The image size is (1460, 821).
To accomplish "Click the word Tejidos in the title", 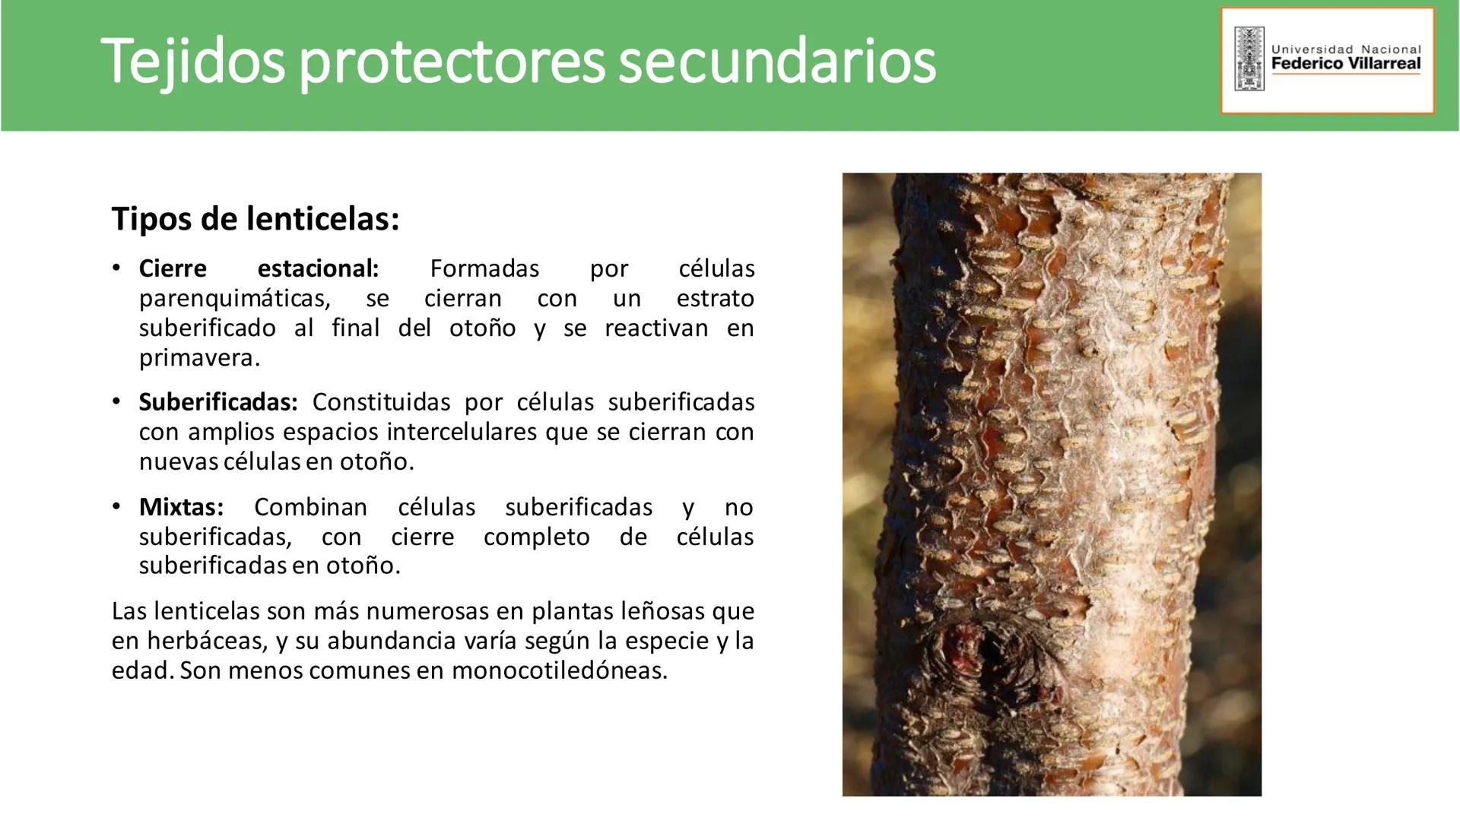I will click(192, 61).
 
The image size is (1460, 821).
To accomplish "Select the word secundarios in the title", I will click(776, 61).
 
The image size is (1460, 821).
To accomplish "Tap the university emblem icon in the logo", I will click(1249, 59).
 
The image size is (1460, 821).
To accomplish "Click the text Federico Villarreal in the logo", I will click(1345, 64).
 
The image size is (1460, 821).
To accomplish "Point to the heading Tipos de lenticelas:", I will click(255, 219).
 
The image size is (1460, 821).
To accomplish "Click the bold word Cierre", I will click(173, 268).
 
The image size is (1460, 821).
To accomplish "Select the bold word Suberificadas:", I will click(218, 402).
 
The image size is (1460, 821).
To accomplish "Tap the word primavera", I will click(199, 358).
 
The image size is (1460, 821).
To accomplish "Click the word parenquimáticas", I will click(235, 299).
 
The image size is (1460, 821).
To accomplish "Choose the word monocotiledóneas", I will click(559, 670).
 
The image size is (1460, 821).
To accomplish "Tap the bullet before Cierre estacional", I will click(116, 268).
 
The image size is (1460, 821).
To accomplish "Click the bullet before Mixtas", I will click(116, 506).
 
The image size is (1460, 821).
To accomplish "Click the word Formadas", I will click(484, 268).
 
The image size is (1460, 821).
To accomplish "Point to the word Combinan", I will click(310, 507).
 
